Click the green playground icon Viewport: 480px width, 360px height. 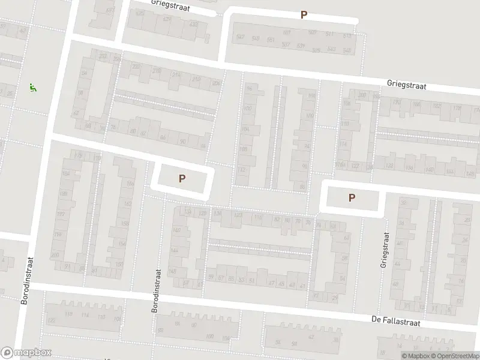32,88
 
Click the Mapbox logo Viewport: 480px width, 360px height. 26,353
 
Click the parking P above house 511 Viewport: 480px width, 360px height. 304,15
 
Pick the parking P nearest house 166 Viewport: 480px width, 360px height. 182,178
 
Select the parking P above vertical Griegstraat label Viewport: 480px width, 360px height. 352,197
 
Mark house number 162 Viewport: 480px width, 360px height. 127,203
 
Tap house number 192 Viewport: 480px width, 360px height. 60,214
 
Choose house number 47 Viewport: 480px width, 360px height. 272,283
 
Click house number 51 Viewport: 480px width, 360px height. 252,280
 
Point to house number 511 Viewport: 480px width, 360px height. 329,34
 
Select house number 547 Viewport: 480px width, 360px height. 241,38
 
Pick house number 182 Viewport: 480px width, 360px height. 437,106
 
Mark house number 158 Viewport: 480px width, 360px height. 124,223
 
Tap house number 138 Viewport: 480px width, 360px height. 217,213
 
